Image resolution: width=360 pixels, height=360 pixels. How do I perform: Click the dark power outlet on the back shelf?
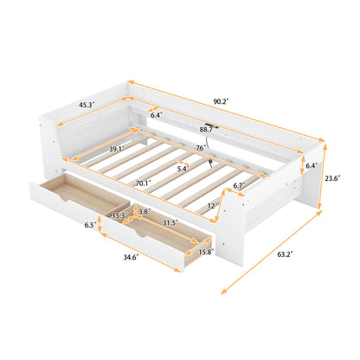point(212,121)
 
